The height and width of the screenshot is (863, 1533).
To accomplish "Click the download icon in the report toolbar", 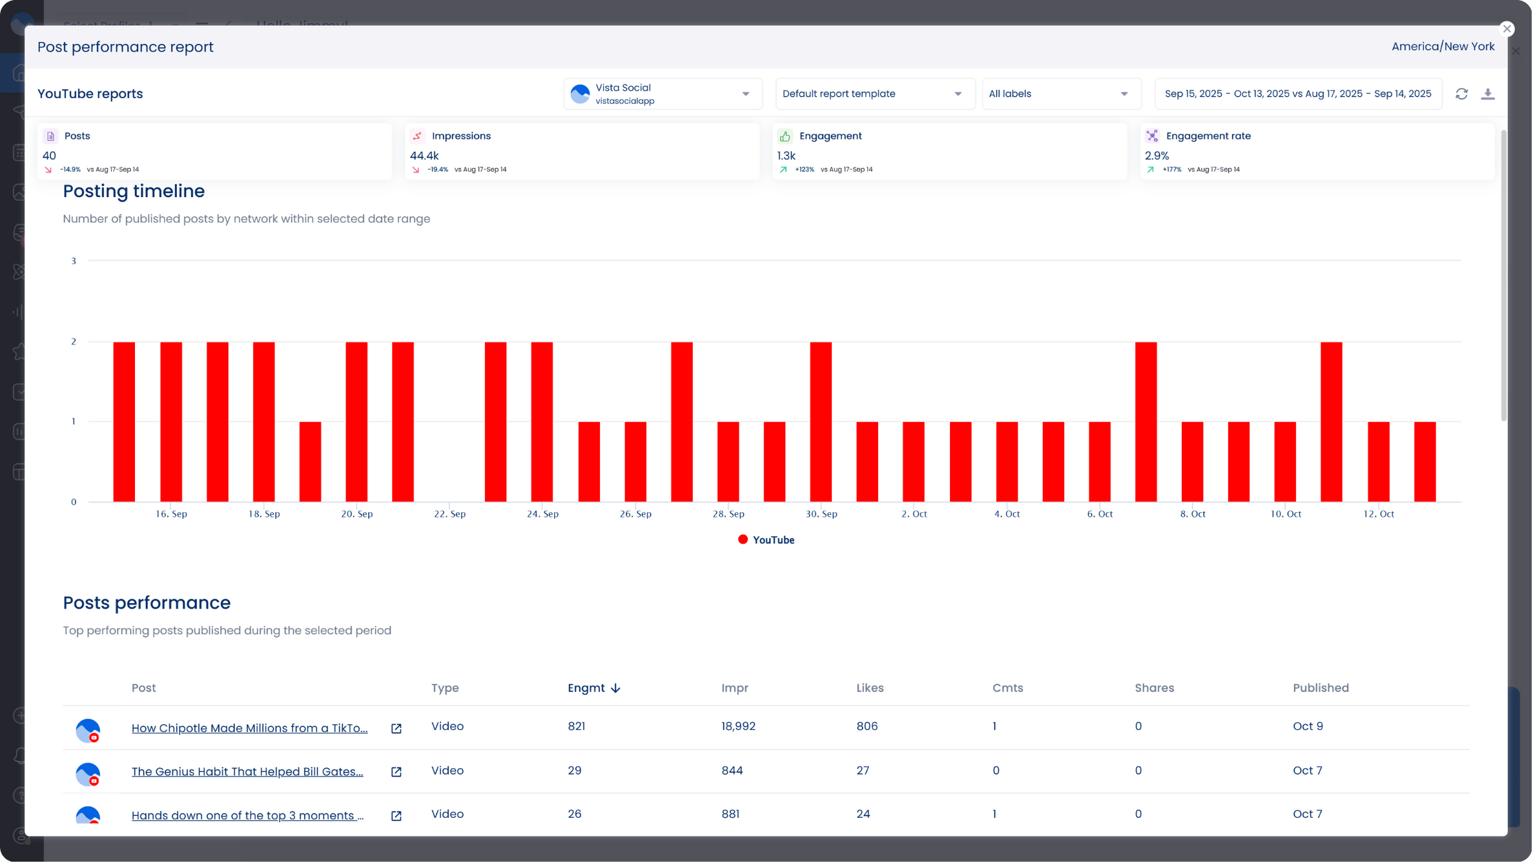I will [x=1488, y=94].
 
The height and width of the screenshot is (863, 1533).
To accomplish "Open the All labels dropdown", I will [x=1061, y=94].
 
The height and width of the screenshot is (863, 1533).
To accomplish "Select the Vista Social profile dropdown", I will [x=663, y=94].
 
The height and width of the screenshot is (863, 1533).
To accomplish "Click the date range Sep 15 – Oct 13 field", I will [x=1299, y=94].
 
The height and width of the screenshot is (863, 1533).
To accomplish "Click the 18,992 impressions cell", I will [x=739, y=727].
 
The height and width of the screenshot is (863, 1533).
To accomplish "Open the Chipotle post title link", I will [x=250, y=729].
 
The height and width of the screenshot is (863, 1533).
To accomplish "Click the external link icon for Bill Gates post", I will [x=396, y=773].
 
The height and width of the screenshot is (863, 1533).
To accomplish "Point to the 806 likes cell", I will [x=867, y=727].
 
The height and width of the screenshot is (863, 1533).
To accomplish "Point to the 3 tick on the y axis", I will [x=74, y=262].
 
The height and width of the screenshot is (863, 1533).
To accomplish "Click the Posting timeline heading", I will [x=134, y=192].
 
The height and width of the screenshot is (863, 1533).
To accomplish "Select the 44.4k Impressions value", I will [x=425, y=156].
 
